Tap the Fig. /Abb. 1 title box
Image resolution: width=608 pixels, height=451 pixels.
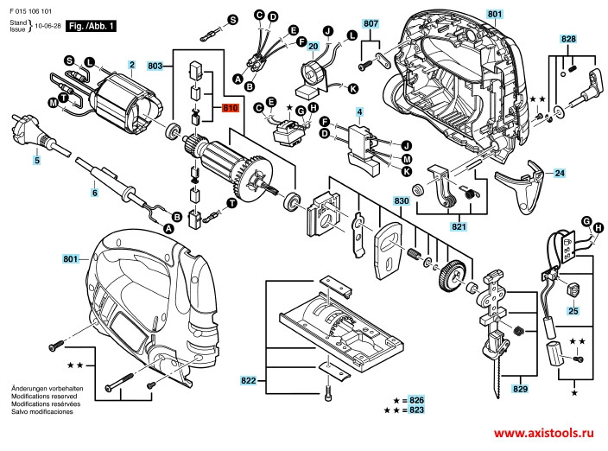click(92, 27)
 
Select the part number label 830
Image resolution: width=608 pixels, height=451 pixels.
click(400, 200)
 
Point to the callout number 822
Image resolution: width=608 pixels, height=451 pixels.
click(249, 380)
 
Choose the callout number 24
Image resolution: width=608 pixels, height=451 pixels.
click(559, 174)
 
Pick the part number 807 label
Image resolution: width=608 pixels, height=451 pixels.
click(370, 22)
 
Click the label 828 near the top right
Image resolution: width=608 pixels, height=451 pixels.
click(567, 41)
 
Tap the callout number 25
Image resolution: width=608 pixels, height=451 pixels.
click(573, 310)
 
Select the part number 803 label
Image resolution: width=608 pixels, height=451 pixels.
click(155, 66)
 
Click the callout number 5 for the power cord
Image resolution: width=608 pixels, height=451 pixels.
click(37, 160)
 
